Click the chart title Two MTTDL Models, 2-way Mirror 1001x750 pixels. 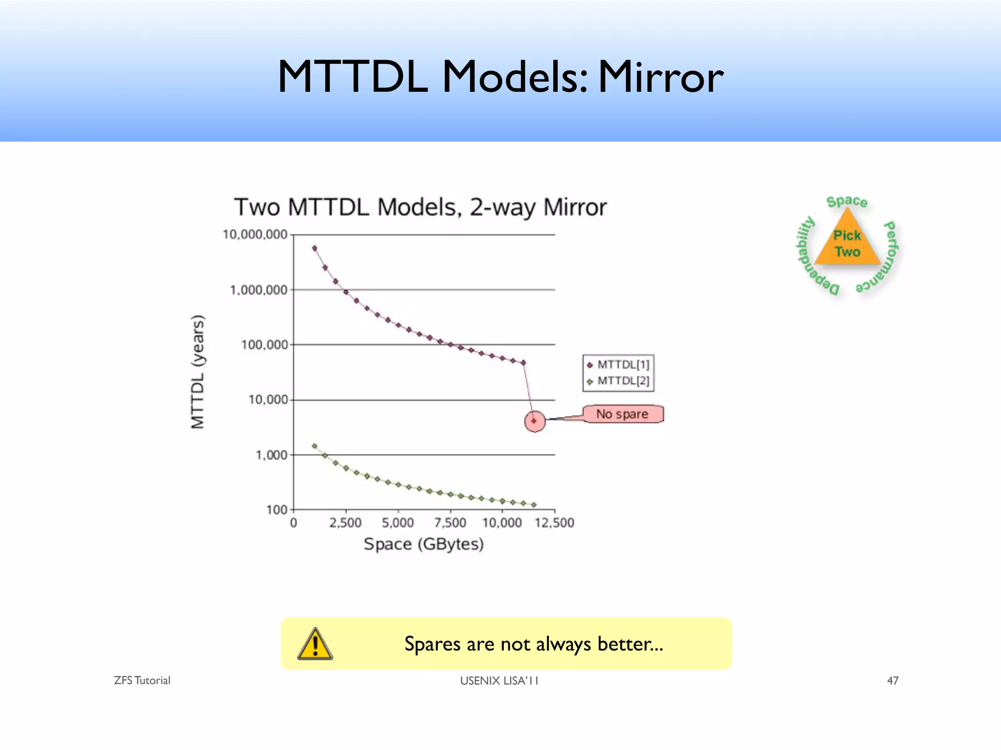420,207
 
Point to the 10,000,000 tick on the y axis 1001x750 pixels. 255,235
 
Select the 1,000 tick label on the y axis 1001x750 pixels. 271,455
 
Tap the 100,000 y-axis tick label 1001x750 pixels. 264,345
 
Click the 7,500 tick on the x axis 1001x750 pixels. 450,523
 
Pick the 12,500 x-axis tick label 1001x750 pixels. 554,523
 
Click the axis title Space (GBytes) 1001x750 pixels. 424,544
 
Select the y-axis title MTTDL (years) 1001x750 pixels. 197,372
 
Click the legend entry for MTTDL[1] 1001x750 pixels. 619,365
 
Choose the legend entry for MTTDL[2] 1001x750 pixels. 619,381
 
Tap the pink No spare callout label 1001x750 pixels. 622,414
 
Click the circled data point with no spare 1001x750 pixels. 534,421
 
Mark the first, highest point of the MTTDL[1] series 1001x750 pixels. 315,248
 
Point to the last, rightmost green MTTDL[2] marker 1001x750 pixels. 534,505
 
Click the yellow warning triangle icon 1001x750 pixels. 315,645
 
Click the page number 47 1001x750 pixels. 892,681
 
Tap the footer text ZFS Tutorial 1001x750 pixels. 142,681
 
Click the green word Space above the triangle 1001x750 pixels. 847,201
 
